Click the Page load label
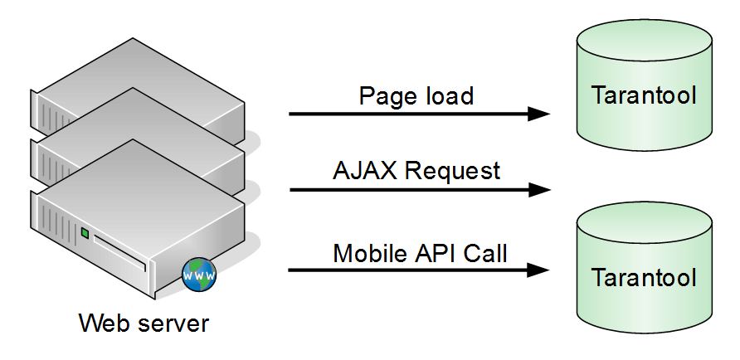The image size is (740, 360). pos(416,95)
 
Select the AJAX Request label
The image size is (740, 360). pos(416,171)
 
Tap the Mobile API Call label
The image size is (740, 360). pos(420,252)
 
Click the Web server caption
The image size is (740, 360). pos(144,323)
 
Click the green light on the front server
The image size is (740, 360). pos(84,233)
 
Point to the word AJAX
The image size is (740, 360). pos(361,171)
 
